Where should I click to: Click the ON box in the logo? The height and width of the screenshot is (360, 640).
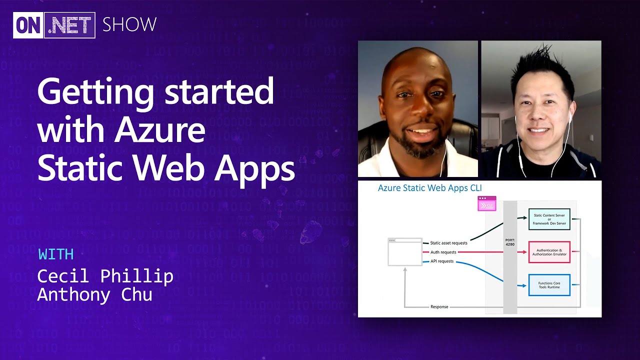(28, 25)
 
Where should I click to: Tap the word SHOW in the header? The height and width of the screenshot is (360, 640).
(129, 24)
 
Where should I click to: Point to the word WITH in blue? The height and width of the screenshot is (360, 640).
(56, 254)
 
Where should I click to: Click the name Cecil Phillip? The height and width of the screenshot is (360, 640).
(105, 276)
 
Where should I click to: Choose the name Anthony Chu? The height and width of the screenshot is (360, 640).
(94, 294)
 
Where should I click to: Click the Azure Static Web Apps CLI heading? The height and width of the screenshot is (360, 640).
(429, 188)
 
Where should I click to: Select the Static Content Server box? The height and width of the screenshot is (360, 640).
(549, 219)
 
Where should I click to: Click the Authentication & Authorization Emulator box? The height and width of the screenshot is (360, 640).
(549, 252)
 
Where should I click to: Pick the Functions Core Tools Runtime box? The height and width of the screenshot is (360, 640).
(549, 285)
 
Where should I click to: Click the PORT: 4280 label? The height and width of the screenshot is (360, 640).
(509, 242)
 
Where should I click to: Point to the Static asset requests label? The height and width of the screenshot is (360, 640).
(448, 243)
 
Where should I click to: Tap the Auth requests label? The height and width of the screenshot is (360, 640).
(443, 252)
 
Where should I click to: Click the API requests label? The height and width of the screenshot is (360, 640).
(442, 261)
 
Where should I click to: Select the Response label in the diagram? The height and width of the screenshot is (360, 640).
(439, 306)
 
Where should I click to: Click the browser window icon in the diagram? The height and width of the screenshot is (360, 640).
(404, 252)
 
